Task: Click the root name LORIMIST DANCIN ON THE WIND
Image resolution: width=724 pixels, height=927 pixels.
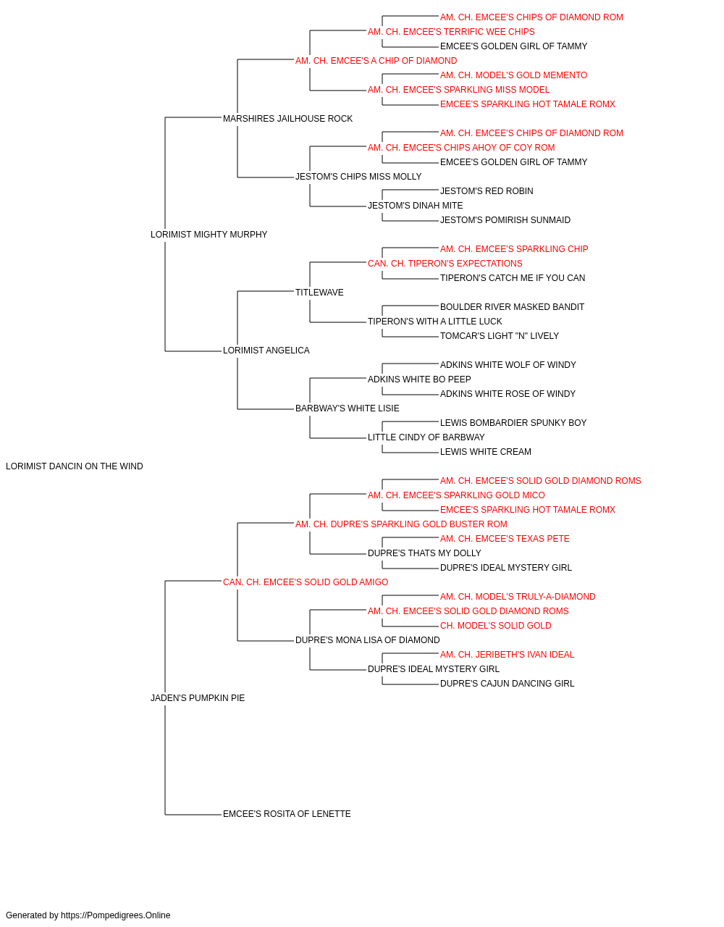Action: coord(74,466)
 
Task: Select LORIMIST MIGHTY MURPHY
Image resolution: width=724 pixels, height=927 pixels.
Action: coord(209,235)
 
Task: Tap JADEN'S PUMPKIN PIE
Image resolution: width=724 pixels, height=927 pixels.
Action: coord(198,698)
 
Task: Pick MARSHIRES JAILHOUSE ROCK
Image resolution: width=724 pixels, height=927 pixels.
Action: coord(288,119)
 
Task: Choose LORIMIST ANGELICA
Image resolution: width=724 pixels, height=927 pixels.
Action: coord(266,351)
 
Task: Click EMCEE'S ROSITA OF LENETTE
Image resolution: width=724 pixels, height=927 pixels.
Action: coord(287,814)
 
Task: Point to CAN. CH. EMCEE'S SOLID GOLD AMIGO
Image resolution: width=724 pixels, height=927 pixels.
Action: coord(306,582)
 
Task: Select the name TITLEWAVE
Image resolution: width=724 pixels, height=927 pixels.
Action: coord(319,293)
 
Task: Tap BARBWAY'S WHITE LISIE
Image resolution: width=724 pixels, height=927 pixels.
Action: coord(348,408)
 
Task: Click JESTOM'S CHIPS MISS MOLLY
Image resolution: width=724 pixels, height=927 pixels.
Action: coord(358,177)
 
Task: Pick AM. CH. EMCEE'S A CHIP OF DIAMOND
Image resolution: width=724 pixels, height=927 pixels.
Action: coord(376,61)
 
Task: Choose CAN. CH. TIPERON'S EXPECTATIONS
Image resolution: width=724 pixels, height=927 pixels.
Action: coord(445,264)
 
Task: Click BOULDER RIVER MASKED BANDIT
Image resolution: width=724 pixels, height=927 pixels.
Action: coord(512,307)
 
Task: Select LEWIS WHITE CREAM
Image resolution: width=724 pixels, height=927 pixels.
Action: coord(486,452)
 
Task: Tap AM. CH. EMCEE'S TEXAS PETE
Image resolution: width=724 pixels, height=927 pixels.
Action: coord(505,539)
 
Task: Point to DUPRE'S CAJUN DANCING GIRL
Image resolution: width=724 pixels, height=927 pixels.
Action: coord(508,684)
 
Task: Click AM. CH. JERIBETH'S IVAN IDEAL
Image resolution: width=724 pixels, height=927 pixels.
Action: coord(508,655)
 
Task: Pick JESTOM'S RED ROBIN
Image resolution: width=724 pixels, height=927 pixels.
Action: coord(487,191)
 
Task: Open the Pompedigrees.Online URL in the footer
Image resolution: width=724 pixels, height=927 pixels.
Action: coord(116,915)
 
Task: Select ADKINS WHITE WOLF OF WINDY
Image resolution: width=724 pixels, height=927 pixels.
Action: coord(508,365)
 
